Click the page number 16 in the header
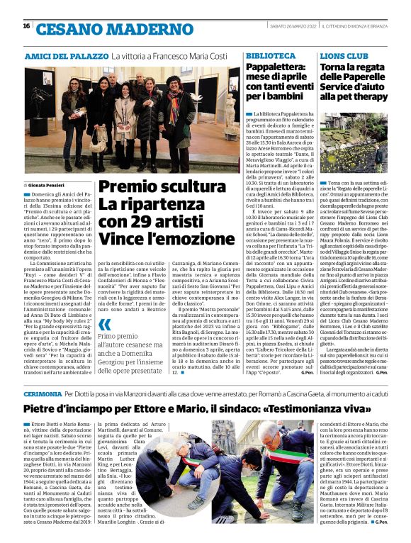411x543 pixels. pyautogui.click(x=26, y=26)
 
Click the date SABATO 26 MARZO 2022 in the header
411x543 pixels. pyautogui.click(x=290, y=26)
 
